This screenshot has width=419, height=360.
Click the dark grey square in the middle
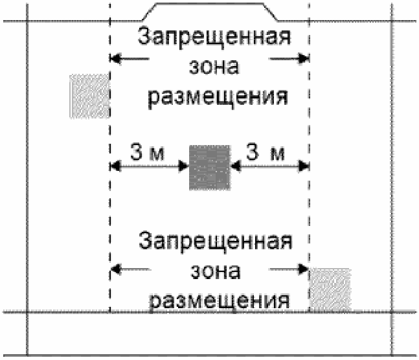click(x=209, y=167)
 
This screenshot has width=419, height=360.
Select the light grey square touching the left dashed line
click(x=89, y=96)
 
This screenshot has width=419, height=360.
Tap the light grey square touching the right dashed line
click(x=330, y=289)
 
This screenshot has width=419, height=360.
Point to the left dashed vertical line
click(x=111, y=194)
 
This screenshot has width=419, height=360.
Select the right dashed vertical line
click(x=309, y=194)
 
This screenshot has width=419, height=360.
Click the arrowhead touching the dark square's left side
click(x=183, y=166)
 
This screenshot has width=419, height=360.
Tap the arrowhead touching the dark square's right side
click(x=236, y=166)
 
